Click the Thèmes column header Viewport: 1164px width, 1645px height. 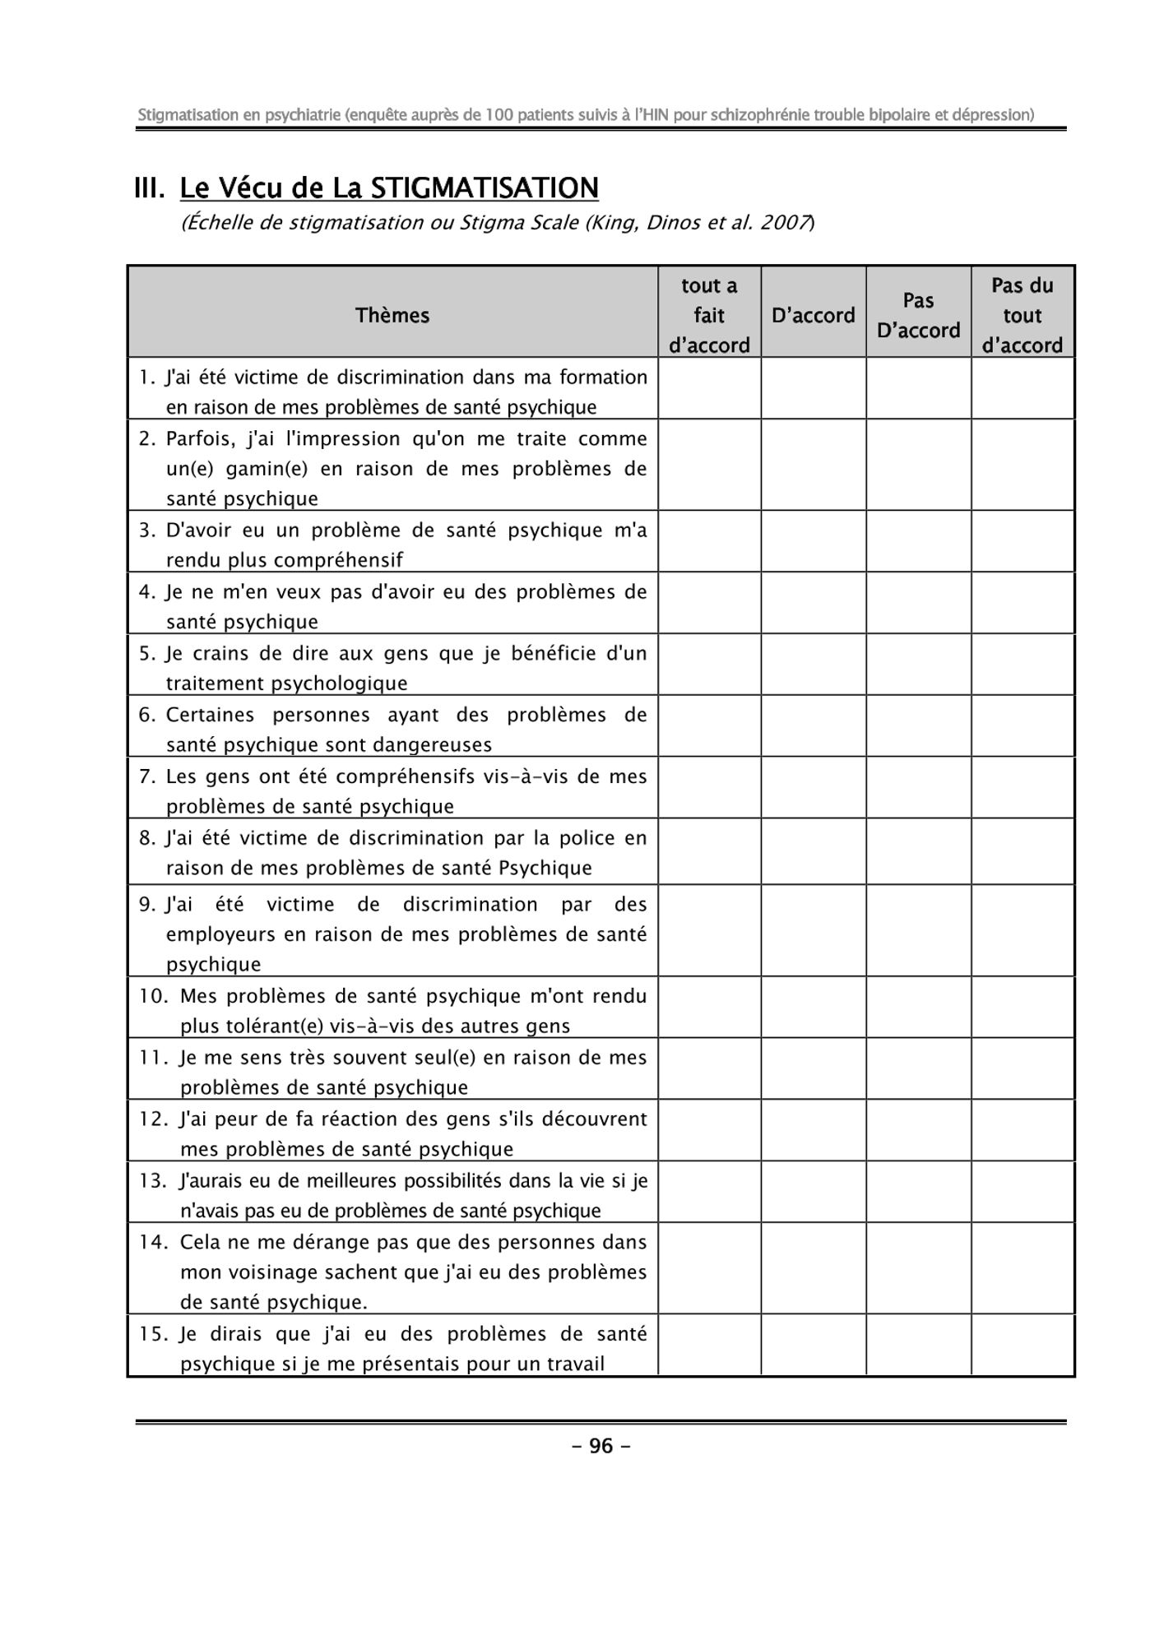pyautogui.click(x=392, y=315)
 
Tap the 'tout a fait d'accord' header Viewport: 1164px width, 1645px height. pyautogui.click(x=709, y=315)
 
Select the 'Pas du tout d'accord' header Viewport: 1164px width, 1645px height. pyautogui.click(x=1023, y=315)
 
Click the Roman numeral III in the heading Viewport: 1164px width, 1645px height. pyautogui.click(x=150, y=188)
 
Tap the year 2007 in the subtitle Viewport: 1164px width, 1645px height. pyautogui.click(x=785, y=223)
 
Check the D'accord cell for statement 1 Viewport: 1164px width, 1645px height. pyautogui.click(x=813, y=388)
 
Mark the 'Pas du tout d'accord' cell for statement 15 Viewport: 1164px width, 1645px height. pyautogui.click(x=1023, y=1345)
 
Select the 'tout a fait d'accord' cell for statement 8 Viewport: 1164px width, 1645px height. pyautogui.click(x=709, y=851)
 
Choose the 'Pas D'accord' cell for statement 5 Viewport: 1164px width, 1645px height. pyautogui.click(x=918, y=665)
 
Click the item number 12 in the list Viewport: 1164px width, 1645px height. pyautogui.click(x=153, y=1119)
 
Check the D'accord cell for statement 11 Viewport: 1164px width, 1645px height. pyautogui.click(x=813, y=1068)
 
